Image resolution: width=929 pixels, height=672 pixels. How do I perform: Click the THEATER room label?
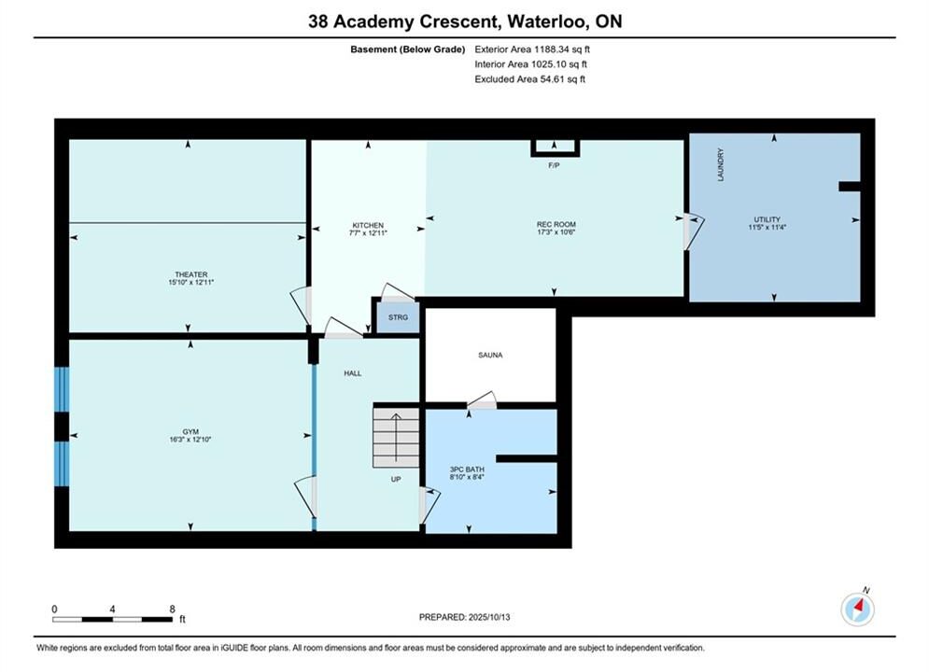click(190, 274)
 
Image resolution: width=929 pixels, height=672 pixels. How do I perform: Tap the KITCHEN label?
click(368, 226)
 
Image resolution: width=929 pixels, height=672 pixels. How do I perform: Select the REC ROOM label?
click(556, 224)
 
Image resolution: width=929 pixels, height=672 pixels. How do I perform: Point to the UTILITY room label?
click(767, 219)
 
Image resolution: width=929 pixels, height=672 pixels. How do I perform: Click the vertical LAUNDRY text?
click(721, 164)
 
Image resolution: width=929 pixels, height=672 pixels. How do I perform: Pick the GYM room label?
click(190, 431)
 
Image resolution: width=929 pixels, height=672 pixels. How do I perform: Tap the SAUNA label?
click(490, 356)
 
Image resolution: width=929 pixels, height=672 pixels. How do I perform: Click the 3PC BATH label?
click(467, 469)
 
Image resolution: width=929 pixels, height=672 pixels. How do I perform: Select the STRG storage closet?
click(398, 317)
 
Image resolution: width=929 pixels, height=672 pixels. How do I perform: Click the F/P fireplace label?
click(554, 165)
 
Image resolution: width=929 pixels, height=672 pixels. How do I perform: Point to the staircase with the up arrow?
click(396, 436)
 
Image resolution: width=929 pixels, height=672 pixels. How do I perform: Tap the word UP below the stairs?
click(396, 479)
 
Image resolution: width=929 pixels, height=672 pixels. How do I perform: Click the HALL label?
click(353, 373)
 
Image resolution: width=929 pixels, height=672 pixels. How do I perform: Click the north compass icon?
click(857, 609)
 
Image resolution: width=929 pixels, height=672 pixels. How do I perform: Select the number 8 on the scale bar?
click(173, 609)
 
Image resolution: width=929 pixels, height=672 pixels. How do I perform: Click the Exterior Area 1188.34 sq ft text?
click(532, 49)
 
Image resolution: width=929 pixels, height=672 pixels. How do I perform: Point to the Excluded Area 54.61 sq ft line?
click(529, 78)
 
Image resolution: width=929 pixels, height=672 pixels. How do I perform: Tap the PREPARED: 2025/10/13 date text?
click(465, 617)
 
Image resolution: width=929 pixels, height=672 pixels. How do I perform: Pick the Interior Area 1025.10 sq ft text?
click(531, 64)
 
